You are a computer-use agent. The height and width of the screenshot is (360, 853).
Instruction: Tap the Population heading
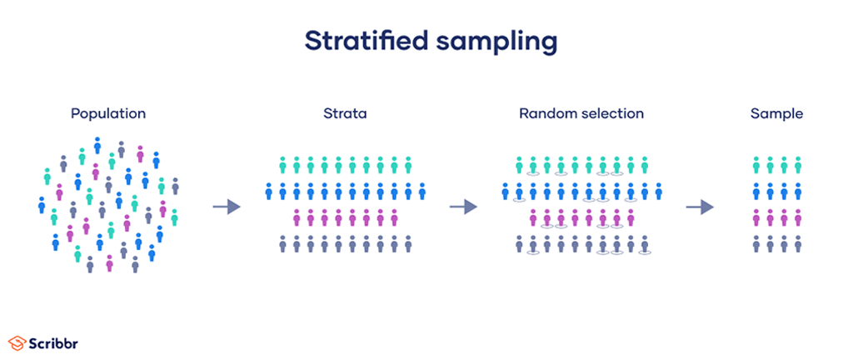pos(108,113)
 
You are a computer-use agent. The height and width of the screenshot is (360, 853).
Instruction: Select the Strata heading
pos(344,113)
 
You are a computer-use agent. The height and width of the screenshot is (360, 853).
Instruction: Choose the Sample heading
pos(776,113)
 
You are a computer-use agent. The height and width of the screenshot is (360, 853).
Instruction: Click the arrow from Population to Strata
pos(227,206)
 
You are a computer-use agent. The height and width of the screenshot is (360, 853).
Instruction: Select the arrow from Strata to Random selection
pos(463,206)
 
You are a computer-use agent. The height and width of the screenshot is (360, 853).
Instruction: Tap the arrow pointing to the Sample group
pos(699,206)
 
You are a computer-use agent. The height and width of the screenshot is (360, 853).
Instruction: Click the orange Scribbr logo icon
pos(17,342)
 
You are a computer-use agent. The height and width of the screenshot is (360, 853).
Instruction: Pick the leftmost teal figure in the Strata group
pos(282,165)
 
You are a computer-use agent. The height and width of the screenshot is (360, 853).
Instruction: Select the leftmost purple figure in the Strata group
pos(297,218)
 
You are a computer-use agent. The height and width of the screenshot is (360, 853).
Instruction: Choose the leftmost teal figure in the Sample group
pos(756,165)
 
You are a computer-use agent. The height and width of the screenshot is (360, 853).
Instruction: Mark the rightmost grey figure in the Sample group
pos(798,244)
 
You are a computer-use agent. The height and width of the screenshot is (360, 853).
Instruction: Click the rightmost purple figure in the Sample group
pos(798,218)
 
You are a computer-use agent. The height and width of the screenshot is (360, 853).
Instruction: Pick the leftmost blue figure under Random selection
pos(506,192)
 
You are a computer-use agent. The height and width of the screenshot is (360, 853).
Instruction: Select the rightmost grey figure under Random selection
pos(644,244)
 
